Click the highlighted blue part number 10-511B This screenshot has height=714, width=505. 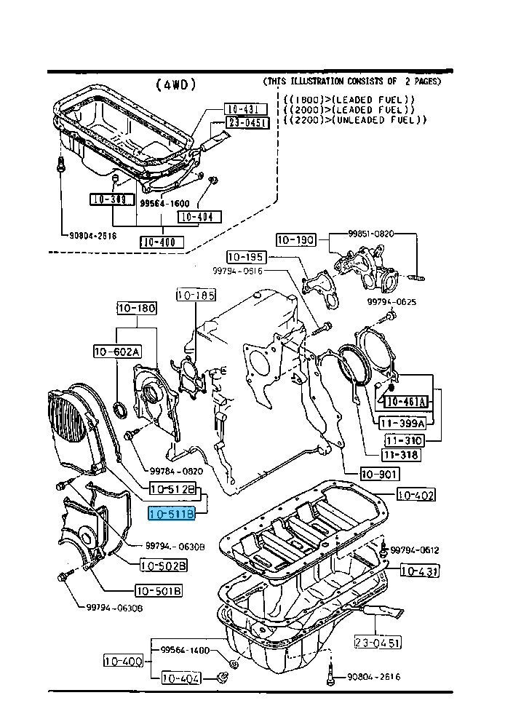(x=172, y=515)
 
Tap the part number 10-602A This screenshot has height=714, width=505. (x=116, y=352)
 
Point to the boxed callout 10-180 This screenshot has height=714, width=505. (x=137, y=309)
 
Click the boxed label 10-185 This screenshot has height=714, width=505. (x=195, y=295)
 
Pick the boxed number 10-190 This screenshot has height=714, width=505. (x=295, y=239)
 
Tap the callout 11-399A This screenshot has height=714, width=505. (x=402, y=421)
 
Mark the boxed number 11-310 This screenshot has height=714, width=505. (x=404, y=440)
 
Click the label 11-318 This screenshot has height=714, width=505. (x=400, y=455)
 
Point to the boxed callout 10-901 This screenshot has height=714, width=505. (x=379, y=474)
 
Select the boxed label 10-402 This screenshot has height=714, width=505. (x=415, y=496)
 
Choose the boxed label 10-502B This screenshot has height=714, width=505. (x=163, y=566)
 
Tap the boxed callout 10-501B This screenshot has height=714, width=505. (x=158, y=591)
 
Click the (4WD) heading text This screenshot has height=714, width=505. (x=176, y=84)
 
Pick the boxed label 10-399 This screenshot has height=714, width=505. (x=108, y=199)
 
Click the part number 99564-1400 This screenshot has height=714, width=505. (x=185, y=650)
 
